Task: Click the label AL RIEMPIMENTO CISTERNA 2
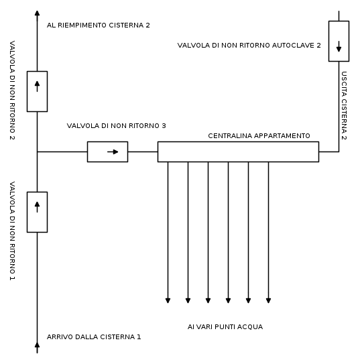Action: pos(98,25)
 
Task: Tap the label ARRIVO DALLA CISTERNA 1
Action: pos(94,337)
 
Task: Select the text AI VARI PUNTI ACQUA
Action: pos(225,327)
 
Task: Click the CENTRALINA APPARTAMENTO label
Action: pos(259,136)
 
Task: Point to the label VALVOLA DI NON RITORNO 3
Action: pos(116,126)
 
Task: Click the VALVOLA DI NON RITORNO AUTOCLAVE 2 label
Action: pos(249,46)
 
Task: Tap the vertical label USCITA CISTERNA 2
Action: pos(344,106)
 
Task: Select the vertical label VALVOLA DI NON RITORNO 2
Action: pos(12,90)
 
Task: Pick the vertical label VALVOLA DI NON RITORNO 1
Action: pos(12,231)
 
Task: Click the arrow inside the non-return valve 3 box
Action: pos(113,151)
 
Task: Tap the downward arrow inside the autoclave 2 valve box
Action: pos(339,46)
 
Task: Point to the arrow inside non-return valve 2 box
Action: pos(37,86)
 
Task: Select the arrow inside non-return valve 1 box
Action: pos(37,207)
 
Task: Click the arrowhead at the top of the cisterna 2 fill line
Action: pos(37,13)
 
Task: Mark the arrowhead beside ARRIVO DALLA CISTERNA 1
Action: pos(37,345)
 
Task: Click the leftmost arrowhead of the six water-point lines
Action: pos(168,300)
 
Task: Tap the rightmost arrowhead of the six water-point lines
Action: pos(268,300)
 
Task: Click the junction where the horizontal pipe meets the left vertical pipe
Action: pos(37,151)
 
